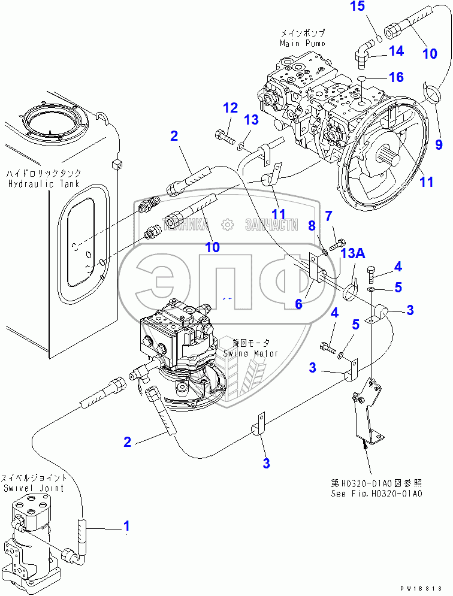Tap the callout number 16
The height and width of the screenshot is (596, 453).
click(397, 77)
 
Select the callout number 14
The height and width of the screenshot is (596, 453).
click(396, 52)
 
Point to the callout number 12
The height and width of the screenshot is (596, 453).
click(231, 108)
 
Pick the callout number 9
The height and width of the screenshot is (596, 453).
click(438, 144)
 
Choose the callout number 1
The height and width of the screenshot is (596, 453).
click(126, 527)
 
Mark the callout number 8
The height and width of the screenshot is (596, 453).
click(311, 225)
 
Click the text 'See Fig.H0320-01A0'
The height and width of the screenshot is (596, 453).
click(377, 494)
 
